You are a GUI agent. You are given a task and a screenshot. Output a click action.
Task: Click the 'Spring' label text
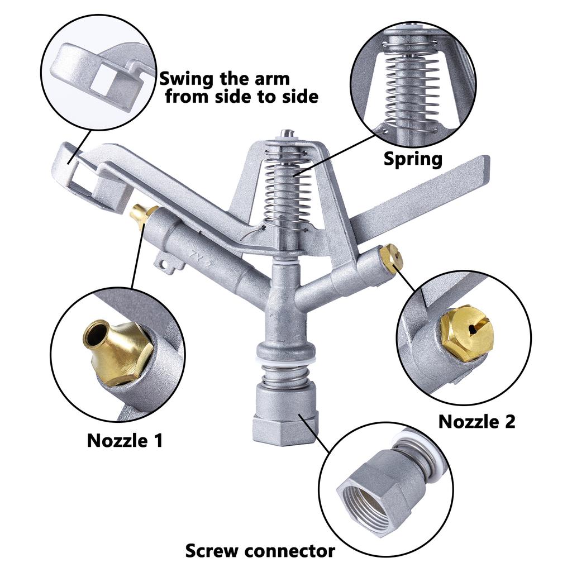pos(413,159)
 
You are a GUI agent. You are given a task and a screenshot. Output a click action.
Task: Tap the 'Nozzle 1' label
pos(125,440)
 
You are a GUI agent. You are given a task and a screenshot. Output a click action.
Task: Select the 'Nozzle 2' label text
pos(477,422)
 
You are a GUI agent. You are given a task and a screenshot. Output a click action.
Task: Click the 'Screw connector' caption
pos(260,551)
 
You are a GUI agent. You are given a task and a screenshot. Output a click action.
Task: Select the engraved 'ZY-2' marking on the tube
pos(200,258)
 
